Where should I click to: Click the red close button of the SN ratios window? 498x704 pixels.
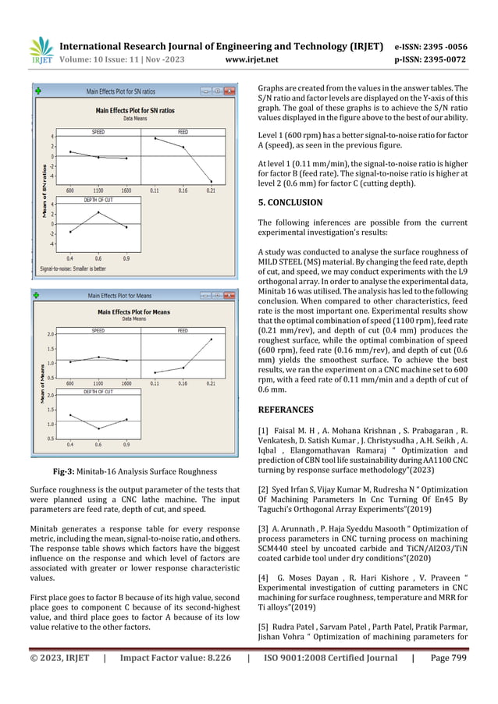point(230,91)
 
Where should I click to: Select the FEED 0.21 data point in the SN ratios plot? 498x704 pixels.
point(212,181)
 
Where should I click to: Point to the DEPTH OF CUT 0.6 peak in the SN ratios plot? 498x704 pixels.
point(98,212)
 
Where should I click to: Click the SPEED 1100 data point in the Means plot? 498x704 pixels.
point(98,357)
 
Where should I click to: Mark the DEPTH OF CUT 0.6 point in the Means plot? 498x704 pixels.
point(98,428)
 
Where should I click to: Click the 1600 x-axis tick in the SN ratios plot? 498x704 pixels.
point(126,190)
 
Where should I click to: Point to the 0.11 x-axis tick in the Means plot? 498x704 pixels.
point(155,383)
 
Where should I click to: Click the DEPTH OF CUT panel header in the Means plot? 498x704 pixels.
point(98,392)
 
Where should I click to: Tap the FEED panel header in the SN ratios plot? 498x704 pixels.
point(183,132)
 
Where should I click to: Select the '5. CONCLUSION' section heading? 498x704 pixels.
point(293,201)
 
